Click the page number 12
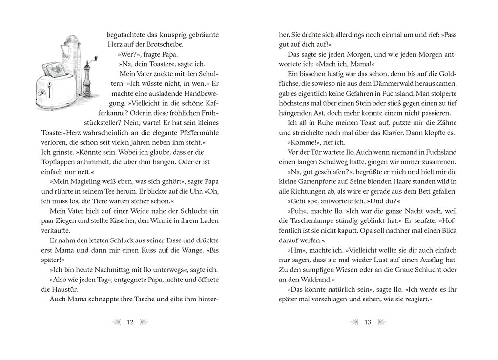(x=130, y=322)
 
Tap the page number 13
(x=368, y=322)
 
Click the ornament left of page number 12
(x=117, y=322)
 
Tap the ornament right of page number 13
(x=381, y=322)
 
